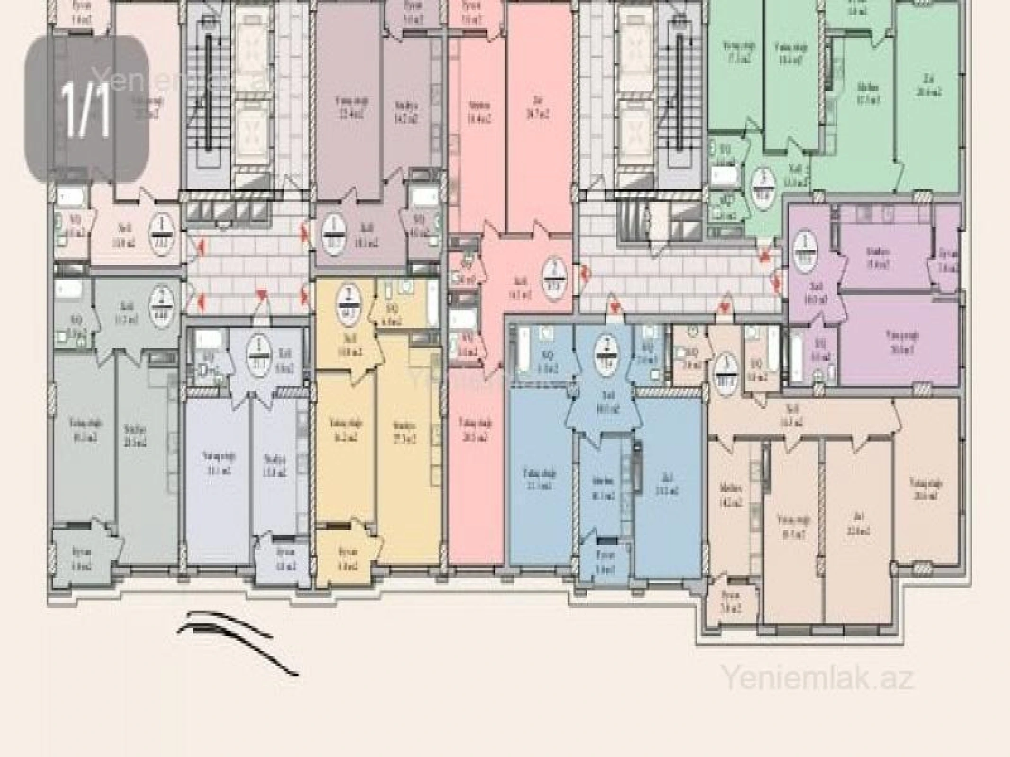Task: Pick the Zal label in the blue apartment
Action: tap(668, 484)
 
